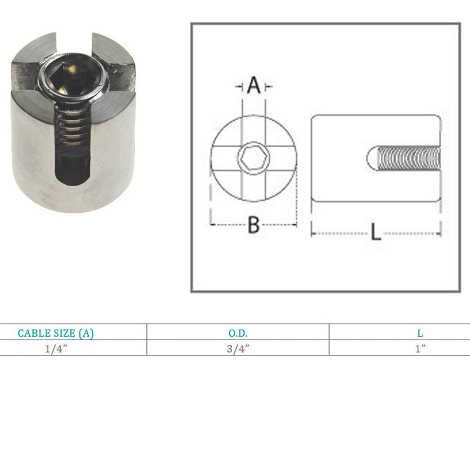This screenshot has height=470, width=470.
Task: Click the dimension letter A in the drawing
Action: [x=254, y=85]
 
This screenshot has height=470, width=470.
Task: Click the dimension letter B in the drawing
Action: [x=254, y=225]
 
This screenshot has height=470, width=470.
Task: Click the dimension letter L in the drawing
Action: [x=376, y=231]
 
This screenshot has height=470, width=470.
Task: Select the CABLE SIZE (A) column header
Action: [x=55, y=333]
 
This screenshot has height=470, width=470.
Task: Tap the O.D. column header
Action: [x=238, y=333]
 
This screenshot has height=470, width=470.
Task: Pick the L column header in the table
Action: [x=420, y=333]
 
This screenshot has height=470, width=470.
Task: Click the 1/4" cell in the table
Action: [x=56, y=349]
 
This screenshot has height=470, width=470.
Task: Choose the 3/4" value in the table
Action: [x=238, y=349]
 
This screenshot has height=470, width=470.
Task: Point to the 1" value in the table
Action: [x=420, y=348]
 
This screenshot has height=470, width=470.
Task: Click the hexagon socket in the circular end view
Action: [x=254, y=157]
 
